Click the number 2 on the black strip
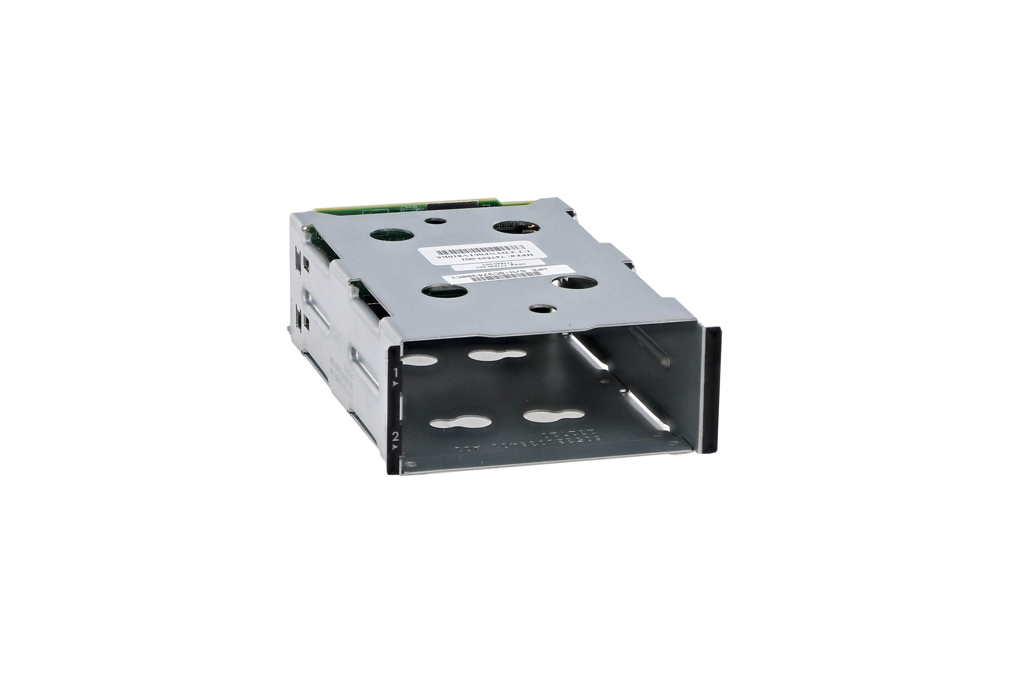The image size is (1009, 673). [396, 437]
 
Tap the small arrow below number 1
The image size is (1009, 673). [394, 384]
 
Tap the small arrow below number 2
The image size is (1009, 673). [394, 447]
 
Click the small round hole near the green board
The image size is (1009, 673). [435, 221]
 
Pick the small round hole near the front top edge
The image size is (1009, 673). [542, 309]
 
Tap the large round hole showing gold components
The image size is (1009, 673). [516, 227]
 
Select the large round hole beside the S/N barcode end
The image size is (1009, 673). [574, 282]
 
